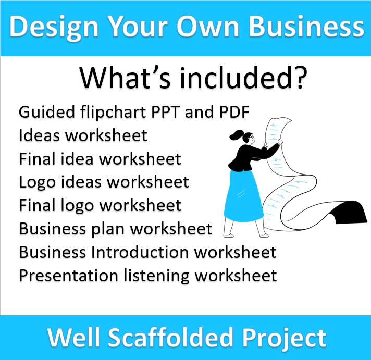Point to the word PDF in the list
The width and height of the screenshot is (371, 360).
(x=235, y=113)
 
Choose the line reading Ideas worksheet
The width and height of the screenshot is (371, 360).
(x=83, y=136)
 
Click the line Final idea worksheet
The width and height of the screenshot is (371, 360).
(x=100, y=159)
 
